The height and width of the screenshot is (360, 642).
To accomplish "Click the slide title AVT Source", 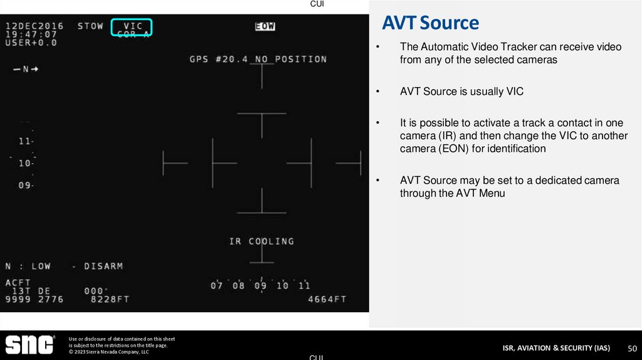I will (430, 23).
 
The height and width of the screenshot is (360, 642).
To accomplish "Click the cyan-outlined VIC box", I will (132, 28).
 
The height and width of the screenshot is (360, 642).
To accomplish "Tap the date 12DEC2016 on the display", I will (34, 26).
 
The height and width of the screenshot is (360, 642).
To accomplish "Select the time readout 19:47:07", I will (31, 34).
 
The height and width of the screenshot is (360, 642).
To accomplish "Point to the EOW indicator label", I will (265, 26).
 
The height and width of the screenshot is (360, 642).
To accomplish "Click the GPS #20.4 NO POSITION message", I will (258, 59).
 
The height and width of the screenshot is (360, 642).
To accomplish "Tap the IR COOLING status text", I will (261, 241).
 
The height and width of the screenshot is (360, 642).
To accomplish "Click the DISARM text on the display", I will (103, 266).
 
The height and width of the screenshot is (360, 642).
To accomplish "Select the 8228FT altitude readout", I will (110, 299).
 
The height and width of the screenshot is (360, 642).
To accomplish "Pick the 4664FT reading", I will (327, 299).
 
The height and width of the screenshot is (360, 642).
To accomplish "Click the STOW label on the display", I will (90, 26).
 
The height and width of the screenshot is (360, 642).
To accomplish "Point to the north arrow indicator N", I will (26, 69).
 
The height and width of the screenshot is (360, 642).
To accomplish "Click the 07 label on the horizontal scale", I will (217, 286).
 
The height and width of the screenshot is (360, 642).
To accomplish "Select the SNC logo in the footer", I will (30, 345).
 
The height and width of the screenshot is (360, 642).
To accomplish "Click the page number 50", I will (631, 348).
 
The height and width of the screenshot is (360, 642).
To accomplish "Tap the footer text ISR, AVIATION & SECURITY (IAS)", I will (556, 348).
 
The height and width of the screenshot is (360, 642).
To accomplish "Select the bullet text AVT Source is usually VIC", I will (461, 92).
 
